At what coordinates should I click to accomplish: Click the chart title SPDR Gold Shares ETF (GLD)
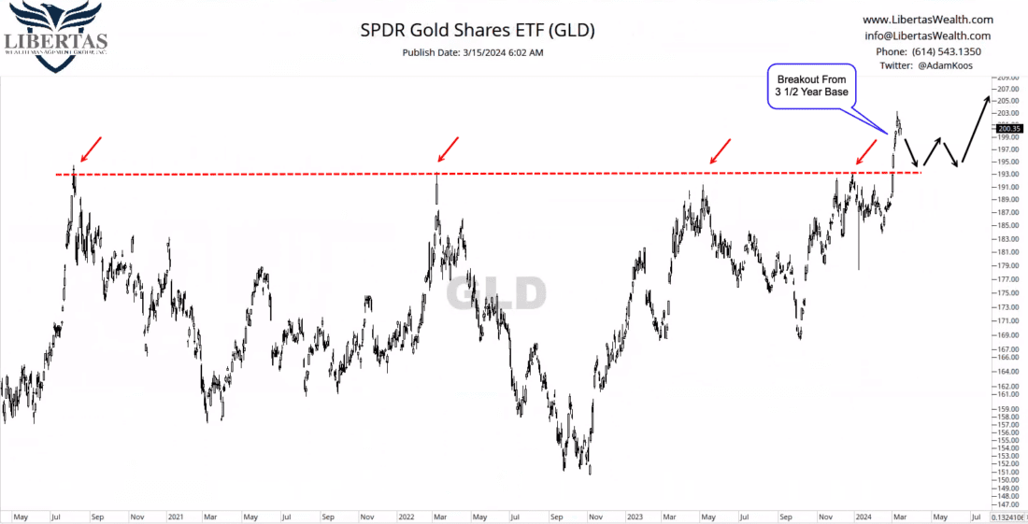[478, 30]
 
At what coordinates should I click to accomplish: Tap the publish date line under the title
[473, 52]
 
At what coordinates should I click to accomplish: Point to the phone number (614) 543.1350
[927, 51]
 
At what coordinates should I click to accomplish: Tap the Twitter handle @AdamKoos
[928, 66]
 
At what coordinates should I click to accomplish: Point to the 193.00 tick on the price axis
[1007, 175]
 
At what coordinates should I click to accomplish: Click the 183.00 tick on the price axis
[1007, 238]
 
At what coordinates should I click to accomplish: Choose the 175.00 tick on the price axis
[1007, 292]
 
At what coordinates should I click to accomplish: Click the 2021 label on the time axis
[175, 515]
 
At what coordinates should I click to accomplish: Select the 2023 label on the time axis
[634, 515]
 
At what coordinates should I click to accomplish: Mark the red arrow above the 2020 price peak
[90, 149]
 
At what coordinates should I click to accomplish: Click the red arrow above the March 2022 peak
[448, 149]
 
